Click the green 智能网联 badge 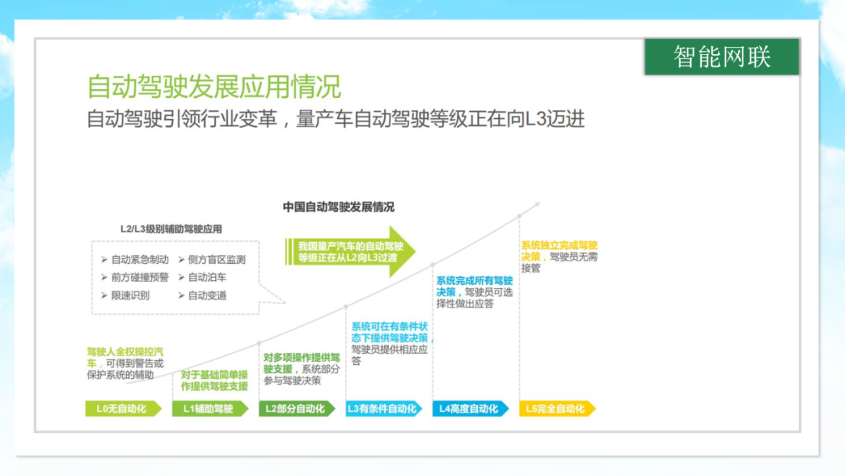pyautogui.click(x=721, y=56)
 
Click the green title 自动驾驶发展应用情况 pyautogui.click(x=214, y=86)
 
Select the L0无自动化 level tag pyautogui.click(x=124, y=409)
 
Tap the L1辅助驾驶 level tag pyautogui.click(x=210, y=409)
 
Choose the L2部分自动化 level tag pyautogui.click(x=297, y=409)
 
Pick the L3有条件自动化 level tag pyautogui.click(x=383, y=409)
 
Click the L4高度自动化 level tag pyautogui.click(x=470, y=409)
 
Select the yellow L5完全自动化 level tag pyautogui.click(x=557, y=409)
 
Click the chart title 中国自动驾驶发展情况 pyautogui.click(x=339, y=207)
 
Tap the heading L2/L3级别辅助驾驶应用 pyautogui.click(x=171, y=229)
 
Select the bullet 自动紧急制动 pyautogui.click(x=135, y=260)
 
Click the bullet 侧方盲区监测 pyautogui.click(x=212, y=260)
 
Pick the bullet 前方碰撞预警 pyautogui.click(x=135, y=278)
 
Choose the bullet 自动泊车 pyautogui.click(x=203, y=278)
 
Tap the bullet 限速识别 pyautogui.click(x=125, y=295)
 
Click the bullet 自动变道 pyautogui.click(x=203, y=295)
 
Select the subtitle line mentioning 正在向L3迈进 pyautogui.click(x=336, y=119)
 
